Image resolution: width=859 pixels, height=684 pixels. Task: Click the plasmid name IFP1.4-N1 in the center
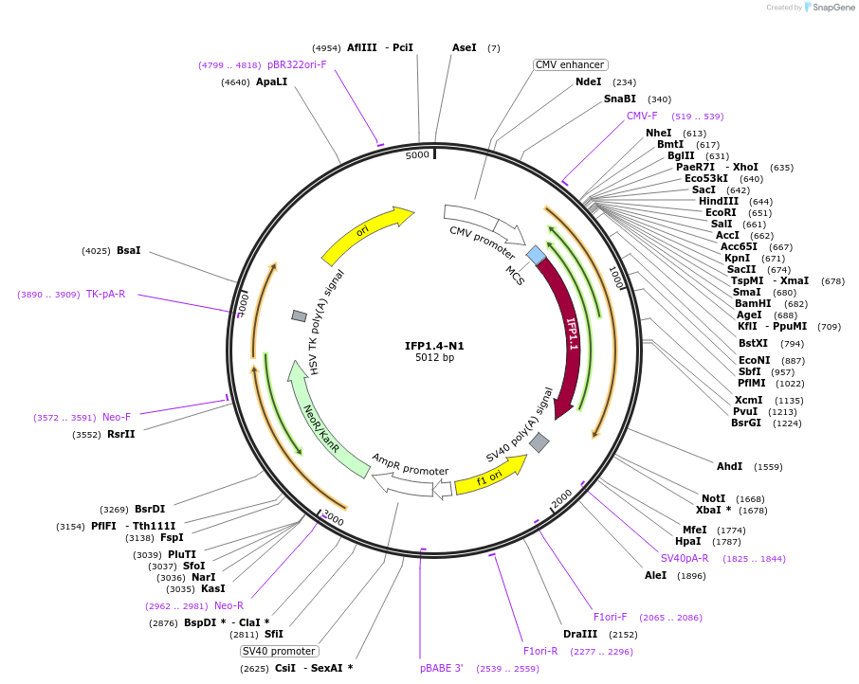pos(435,345)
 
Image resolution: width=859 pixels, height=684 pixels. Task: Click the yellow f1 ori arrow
pos(489,477)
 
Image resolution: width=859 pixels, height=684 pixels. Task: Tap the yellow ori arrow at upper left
pos(365,233)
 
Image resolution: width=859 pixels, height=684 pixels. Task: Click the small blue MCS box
pos(536,255)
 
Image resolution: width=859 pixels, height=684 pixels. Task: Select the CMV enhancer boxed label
pos(569,64)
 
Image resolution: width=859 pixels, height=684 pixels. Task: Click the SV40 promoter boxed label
pos(279,651)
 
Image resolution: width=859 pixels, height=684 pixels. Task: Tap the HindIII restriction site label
pos(719,201)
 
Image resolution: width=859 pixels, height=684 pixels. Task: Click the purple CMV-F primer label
pos(642,116)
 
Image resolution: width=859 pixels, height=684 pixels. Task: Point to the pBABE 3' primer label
pos(442,668)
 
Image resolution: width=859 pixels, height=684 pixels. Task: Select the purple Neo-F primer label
pos(117,417)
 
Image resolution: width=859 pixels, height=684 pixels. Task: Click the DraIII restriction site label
pos(580,634)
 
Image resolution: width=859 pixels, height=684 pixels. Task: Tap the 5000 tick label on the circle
pos(417,154)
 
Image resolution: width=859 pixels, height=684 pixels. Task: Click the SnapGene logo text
pos(832,8)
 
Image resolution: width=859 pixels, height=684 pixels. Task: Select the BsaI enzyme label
pos(128,250)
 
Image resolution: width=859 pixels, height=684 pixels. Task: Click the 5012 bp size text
pos(435,357)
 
